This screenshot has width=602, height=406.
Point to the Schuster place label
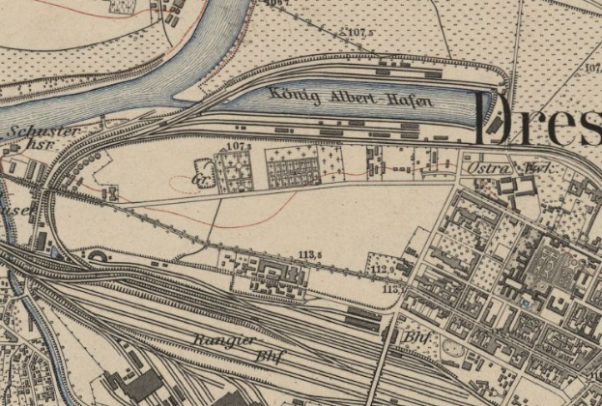tap(41, 130)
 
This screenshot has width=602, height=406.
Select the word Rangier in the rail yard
tap(224, 341)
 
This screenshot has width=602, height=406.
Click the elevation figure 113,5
tap(310, 255)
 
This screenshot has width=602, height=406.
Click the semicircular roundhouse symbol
tap(100, 257)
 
